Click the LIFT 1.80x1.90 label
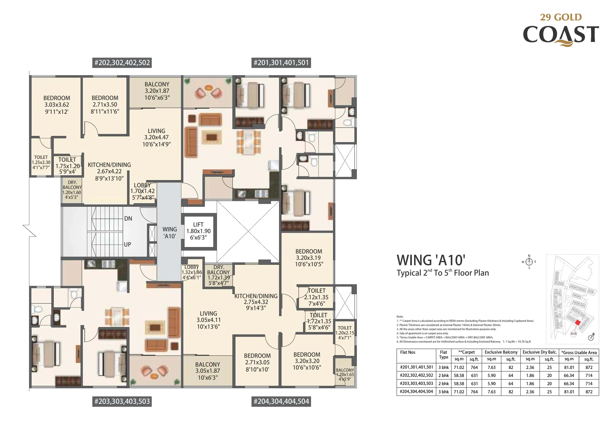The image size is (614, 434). click(x=198, y=231)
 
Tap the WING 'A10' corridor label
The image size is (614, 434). click(x=169, y=233)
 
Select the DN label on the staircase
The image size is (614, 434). click(x=128, y=219)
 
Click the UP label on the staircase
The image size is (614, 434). click(x=127, y=244)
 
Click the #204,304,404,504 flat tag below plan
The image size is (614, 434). click(x=281, y=401)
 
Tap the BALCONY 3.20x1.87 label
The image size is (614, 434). click(x=157, y=91)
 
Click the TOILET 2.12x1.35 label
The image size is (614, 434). click(x=316, y=297)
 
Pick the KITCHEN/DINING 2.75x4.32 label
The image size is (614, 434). click(x=256, y=302)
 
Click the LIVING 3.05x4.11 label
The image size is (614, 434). click(x=208, y=320)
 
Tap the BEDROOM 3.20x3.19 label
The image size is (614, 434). click(x=309, y=258)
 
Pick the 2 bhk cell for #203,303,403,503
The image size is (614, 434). click(x=443, y=383)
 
